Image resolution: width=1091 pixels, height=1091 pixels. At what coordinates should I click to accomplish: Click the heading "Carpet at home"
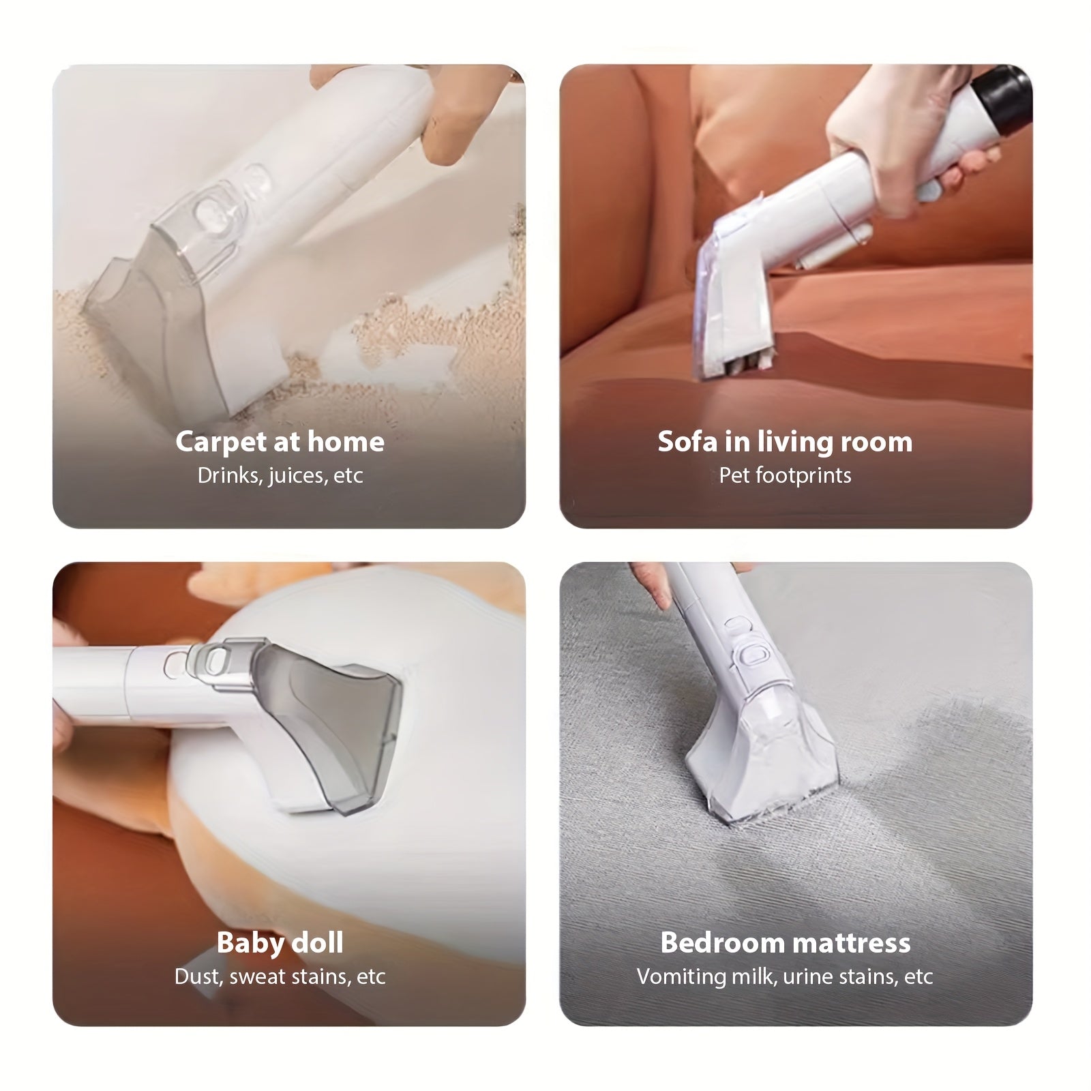(280, 442)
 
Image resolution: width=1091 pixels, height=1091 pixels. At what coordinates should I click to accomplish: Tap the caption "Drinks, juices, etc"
(280, 475)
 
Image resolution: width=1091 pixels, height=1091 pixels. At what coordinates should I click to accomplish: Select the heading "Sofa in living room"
(785, 442)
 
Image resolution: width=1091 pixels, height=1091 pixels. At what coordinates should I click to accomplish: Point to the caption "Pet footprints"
(785, 475)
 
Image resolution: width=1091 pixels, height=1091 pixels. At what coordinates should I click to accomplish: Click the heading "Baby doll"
(280, 942)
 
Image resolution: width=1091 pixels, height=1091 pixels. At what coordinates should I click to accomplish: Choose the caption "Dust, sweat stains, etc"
(280, 976)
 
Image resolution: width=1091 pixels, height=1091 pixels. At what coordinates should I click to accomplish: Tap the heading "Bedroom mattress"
(786, 942)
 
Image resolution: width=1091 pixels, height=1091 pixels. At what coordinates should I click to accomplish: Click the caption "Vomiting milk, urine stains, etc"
(785, 976)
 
